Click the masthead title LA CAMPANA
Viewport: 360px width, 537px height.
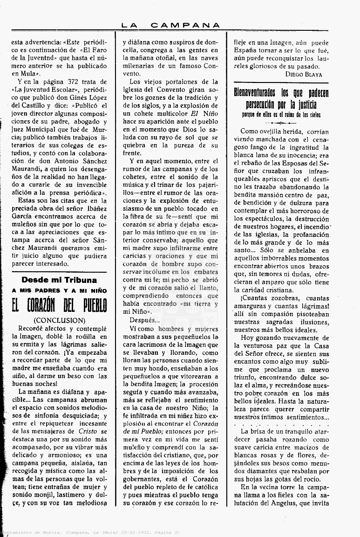click(170, 25)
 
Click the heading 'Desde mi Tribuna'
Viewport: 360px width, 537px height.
click(59, 280)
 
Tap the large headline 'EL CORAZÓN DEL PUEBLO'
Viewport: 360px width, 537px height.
click(59, 306)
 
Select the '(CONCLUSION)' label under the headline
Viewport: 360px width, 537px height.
click(59, 320)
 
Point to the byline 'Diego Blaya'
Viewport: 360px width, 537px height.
click(302, 74)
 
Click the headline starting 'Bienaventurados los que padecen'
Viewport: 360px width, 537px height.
click(281, 98)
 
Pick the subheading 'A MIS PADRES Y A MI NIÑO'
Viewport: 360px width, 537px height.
click(59, 291)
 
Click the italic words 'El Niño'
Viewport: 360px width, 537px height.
click(204, 113)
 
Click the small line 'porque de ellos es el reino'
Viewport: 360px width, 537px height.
click(281, 114)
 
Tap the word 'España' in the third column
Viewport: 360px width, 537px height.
click(246, 50)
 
